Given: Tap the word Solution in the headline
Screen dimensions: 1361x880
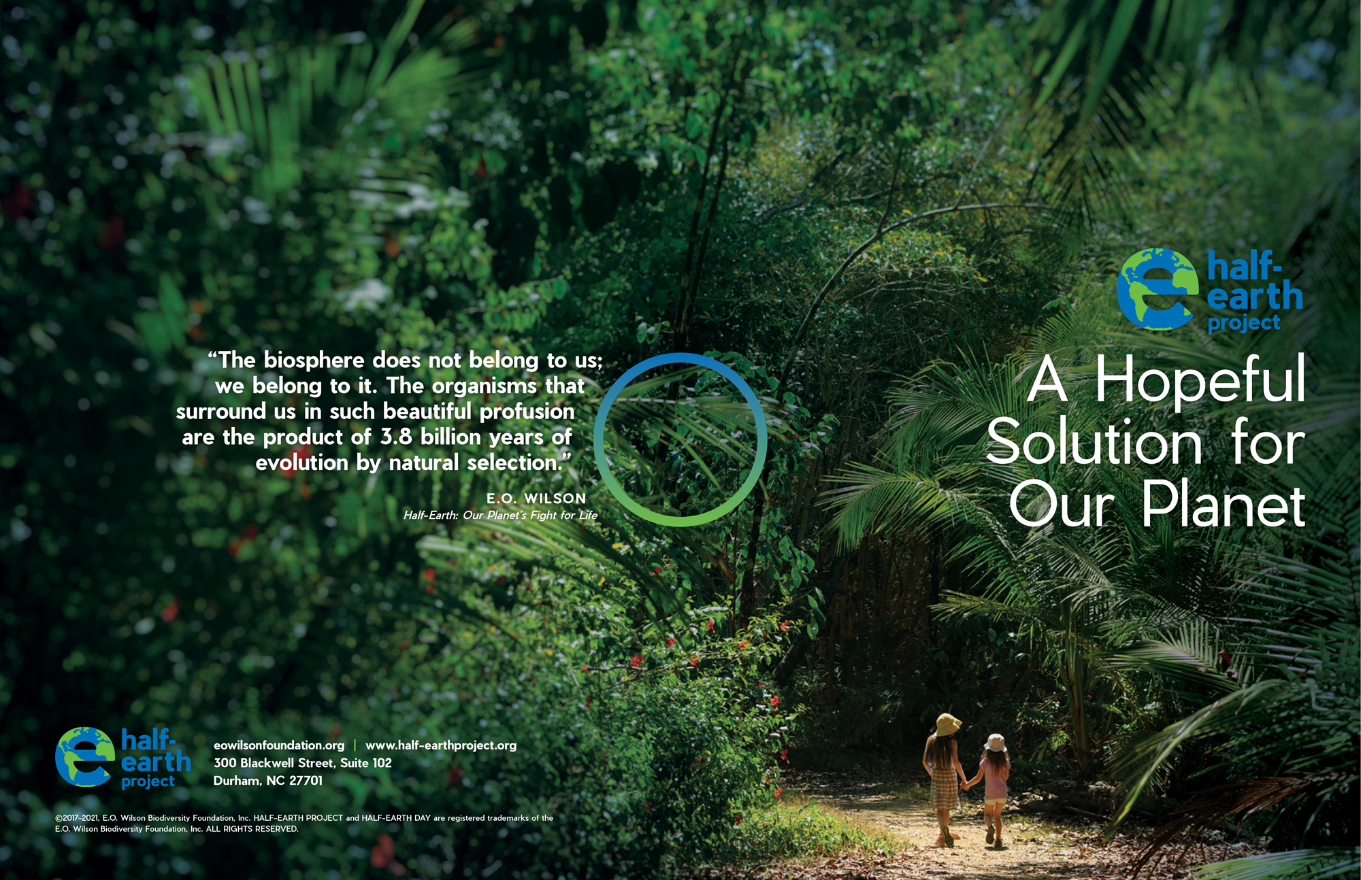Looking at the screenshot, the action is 1094,441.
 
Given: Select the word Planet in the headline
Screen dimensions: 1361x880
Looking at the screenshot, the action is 1224,504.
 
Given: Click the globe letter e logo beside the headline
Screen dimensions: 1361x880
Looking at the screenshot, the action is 1157,289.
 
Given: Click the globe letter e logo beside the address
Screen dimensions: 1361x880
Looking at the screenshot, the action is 85,757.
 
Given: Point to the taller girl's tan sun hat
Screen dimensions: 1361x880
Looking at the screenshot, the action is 947,725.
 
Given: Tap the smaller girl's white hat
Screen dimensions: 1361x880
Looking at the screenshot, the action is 995,743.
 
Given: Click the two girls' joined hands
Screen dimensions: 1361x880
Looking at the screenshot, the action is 964,785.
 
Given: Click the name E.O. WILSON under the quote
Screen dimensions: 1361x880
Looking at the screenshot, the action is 536,498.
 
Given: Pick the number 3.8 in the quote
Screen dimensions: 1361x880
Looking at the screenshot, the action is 395,437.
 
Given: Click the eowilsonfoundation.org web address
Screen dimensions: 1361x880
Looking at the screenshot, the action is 279,745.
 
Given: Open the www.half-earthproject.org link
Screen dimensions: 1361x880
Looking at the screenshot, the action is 441,745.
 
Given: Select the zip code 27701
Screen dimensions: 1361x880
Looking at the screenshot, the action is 306,781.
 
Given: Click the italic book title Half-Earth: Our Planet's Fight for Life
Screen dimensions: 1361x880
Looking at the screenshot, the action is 500,515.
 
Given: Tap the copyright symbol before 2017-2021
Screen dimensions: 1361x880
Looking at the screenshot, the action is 59,818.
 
